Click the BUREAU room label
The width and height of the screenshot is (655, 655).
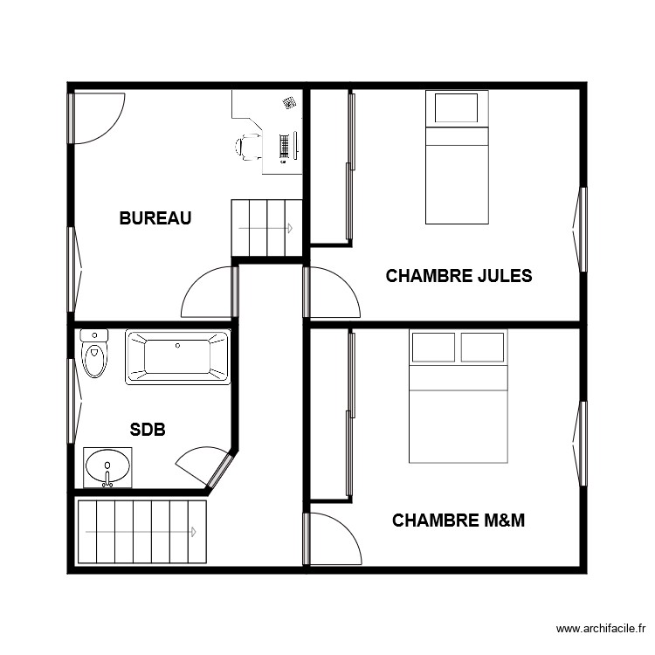(x=155, y=218)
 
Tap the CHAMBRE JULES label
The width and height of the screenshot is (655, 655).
(x=458, y=276)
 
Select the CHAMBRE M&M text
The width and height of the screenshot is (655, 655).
(x=458, y=521)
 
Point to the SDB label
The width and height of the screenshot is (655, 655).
(x=148, y=430)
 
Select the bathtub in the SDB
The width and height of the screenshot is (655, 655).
(x=178, y=357)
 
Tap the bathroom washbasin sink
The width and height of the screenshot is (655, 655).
(x=107, y=465)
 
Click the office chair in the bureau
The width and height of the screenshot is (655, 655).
(x=248, y=147)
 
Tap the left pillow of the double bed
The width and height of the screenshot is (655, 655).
(x=433, y=347)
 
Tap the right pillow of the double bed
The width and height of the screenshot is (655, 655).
(x=482, y=347)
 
